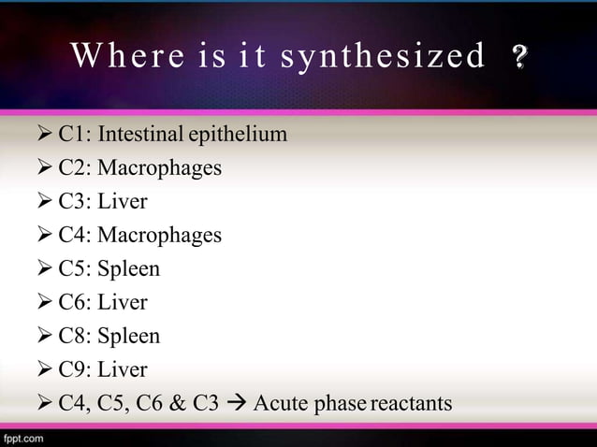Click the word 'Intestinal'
(x=140, y=135)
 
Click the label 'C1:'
(x=75, y=135)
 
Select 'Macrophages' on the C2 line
(x=160, y=168)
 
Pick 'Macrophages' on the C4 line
(x=160, y=236)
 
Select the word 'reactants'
(x=412, y=404)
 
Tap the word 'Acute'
(x=278, y=404)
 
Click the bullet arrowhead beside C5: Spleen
(x=43, y=269)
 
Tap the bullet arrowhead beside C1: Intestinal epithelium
(x=43, y=135)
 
